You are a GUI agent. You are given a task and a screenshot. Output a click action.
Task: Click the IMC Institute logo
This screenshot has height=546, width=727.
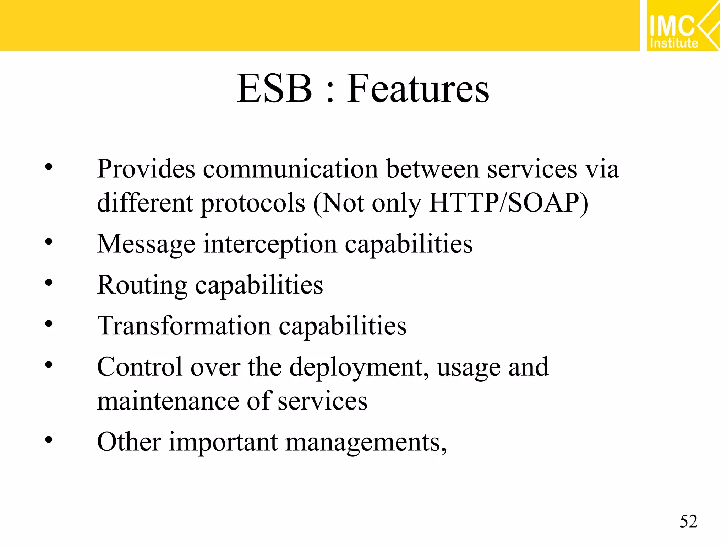(683, 26)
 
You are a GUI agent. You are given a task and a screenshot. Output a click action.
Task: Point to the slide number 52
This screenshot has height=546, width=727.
(689, 521)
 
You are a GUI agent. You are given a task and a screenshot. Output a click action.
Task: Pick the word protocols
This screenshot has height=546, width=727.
(253, 203)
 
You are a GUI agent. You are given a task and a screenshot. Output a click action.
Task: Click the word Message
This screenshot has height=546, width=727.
(146, 245)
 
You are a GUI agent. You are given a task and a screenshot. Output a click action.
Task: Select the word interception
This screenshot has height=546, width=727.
(270, 245)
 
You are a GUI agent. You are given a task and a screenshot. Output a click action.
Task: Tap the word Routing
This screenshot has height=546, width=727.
(142, 285)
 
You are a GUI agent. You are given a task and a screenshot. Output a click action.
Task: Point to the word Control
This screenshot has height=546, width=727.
(140, 367)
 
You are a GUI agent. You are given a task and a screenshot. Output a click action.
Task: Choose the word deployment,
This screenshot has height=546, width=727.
(359, 368)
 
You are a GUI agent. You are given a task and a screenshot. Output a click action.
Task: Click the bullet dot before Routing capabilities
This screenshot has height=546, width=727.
(49, 283)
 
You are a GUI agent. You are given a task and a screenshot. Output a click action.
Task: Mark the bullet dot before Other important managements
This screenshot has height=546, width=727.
(49, 440)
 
